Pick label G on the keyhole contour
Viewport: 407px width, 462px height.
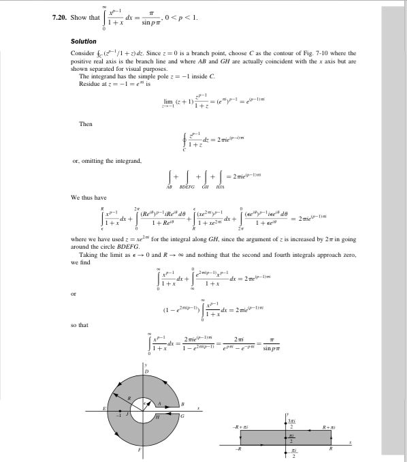click(x=182, y=417)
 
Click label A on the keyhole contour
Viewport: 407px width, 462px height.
click(x=163, y=406)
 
